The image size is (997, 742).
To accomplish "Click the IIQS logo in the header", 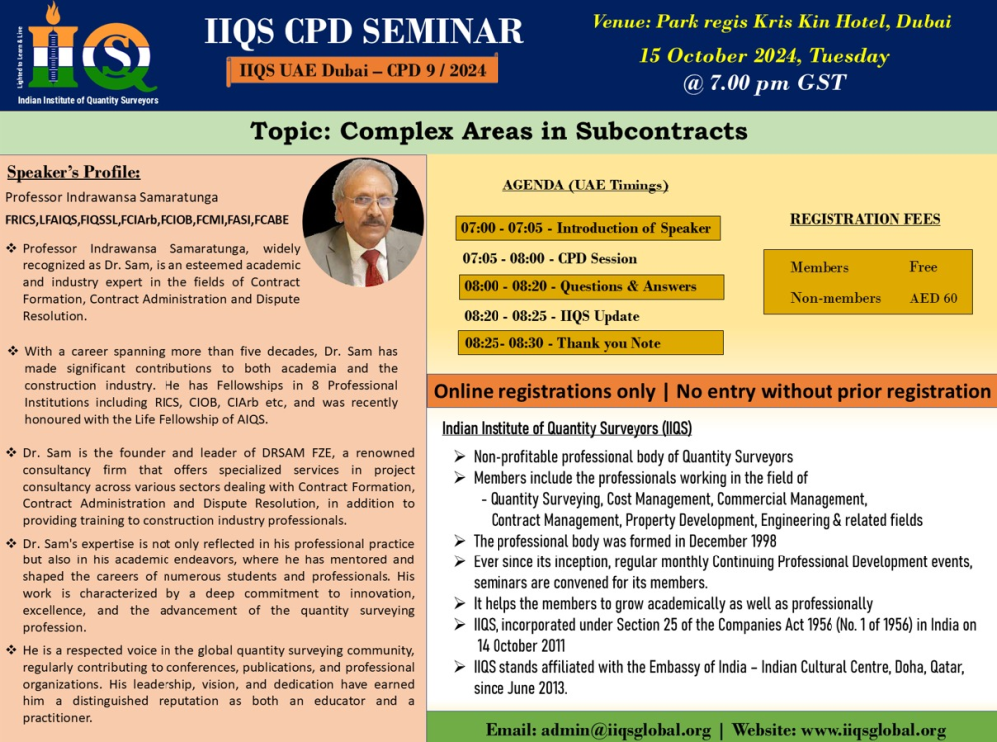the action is point(86,54).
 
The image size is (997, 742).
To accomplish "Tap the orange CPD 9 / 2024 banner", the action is point(363,70).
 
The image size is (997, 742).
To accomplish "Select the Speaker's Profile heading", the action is point(73,172).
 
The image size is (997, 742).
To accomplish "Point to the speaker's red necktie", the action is point(373,267).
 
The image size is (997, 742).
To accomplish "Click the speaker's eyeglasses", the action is point(369,201).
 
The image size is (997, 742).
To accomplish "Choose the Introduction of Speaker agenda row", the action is point(587,228).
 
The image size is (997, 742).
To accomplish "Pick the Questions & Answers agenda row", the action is point(590,287).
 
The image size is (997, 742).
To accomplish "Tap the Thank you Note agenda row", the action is point(590,343).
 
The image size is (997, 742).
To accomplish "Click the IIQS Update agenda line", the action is point(551,316).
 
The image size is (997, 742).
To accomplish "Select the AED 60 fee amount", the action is point(933,298).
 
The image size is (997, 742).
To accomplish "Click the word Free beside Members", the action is point(923,267).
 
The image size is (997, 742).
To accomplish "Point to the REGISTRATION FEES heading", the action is point(864,219).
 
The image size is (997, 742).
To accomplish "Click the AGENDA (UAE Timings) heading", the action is point(585,185).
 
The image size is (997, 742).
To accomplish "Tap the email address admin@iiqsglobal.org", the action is point(626,730).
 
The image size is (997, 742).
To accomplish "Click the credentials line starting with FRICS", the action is point(147,220).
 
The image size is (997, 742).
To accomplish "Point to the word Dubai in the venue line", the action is point(923,22).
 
